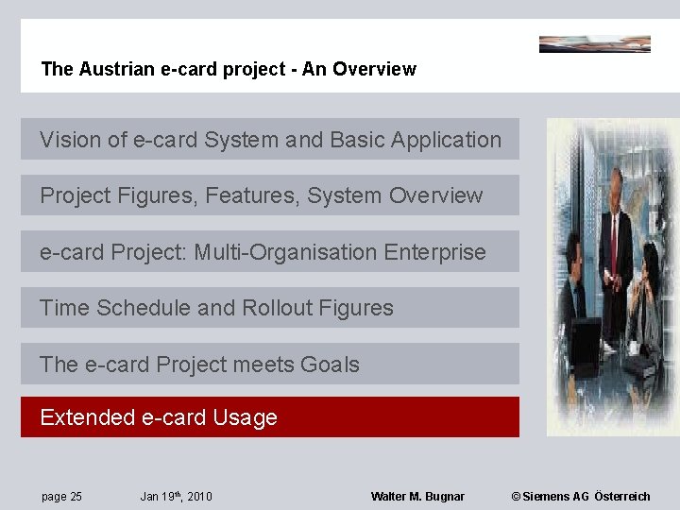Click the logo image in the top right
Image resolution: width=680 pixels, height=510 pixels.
(x=594, y=43)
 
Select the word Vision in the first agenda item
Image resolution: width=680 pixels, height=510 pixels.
(x=69, y=140)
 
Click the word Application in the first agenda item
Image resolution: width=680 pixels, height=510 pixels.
(x=443, y=140)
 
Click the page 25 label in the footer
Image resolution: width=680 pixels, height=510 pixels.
(x=61, y=497)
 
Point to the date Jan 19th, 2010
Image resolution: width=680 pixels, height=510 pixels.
(x=176, y=497)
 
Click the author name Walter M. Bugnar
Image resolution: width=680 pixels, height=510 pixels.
(x=417, y=497)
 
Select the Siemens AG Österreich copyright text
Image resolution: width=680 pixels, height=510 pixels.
(x=580, y=497)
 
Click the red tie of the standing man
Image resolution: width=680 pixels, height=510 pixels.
(x=614, y=241)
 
